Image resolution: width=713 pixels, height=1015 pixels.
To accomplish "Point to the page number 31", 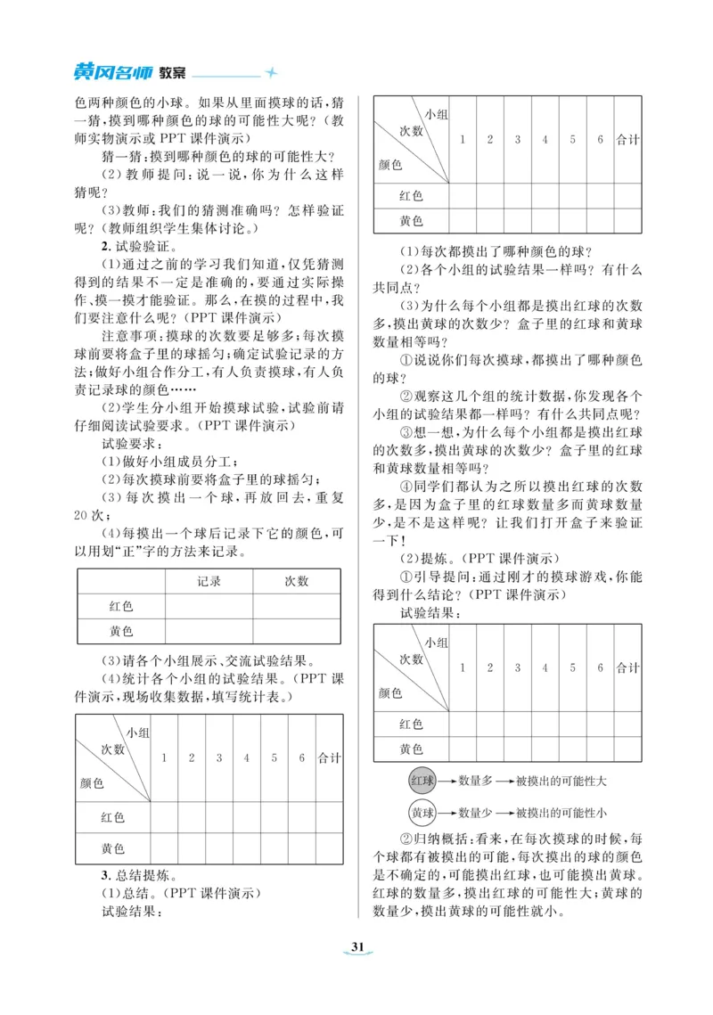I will pyautogui.click(x=356, y=946).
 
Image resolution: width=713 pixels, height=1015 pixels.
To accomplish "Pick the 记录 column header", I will pyautogui.click(x=209, y=581).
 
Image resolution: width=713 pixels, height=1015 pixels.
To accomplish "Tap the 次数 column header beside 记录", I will pyautogui.click(x=296, y=581).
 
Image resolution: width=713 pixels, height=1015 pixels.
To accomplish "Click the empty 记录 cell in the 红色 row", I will pyautogui.click(x=209, y=606).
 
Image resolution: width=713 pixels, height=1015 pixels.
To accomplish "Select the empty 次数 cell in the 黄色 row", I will pyautogui.click(x=296, y=631).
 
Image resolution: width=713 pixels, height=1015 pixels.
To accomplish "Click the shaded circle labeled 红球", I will pyautogui.click(x=422, y=781).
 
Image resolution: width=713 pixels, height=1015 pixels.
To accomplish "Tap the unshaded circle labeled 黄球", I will pyautogui.click(x=422, y=813).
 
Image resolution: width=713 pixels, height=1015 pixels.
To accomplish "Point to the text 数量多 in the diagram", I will pyautogui.click(x=475, y=781).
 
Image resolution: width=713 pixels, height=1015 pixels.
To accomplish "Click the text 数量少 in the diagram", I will pyautogui.click(x=475, y=813).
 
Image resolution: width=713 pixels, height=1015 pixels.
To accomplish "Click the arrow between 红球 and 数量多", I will pyautogui.click(x=446, y=781).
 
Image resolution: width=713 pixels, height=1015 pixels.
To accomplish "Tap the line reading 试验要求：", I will pyautogui.click(x=129, y=443).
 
